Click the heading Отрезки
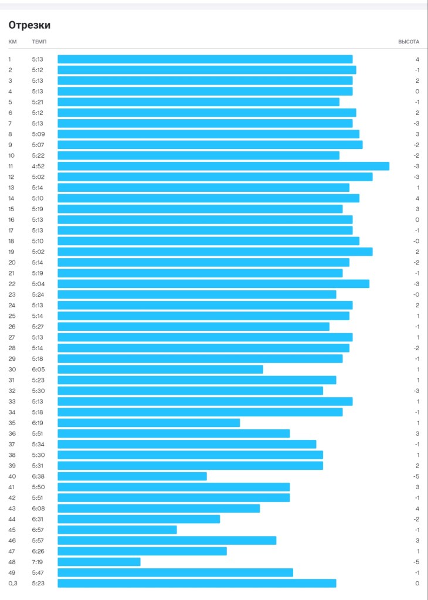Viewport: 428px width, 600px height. (x=29, y=25)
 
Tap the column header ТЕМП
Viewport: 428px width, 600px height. (x=39, y=42)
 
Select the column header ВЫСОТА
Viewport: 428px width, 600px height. (x=409, y=42)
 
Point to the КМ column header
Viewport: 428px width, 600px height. (x=12, y=42)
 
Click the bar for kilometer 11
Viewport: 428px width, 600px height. (x=223, y=166)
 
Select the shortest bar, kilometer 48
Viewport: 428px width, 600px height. (x=99, y=562)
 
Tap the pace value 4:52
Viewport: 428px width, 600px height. (x=38, y=166)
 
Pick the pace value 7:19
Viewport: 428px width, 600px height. (x=38, y=562)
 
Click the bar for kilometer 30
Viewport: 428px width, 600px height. (x=160, y=370)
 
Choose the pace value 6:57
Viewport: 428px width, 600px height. (x=38, y=530)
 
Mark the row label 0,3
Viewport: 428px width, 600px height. (x=12, y=583)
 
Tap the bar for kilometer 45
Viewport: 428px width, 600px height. (x=117, y=530)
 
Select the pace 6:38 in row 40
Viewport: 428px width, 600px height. (x=38, y=476)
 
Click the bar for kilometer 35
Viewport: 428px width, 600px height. (x=148, y=423)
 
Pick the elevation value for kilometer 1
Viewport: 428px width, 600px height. (x=417, y=59)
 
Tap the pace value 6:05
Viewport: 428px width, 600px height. (x=38, y=370)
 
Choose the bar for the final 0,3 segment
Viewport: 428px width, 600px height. (x=196, y=583)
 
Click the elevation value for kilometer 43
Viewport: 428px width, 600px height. (x=417, y=509)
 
